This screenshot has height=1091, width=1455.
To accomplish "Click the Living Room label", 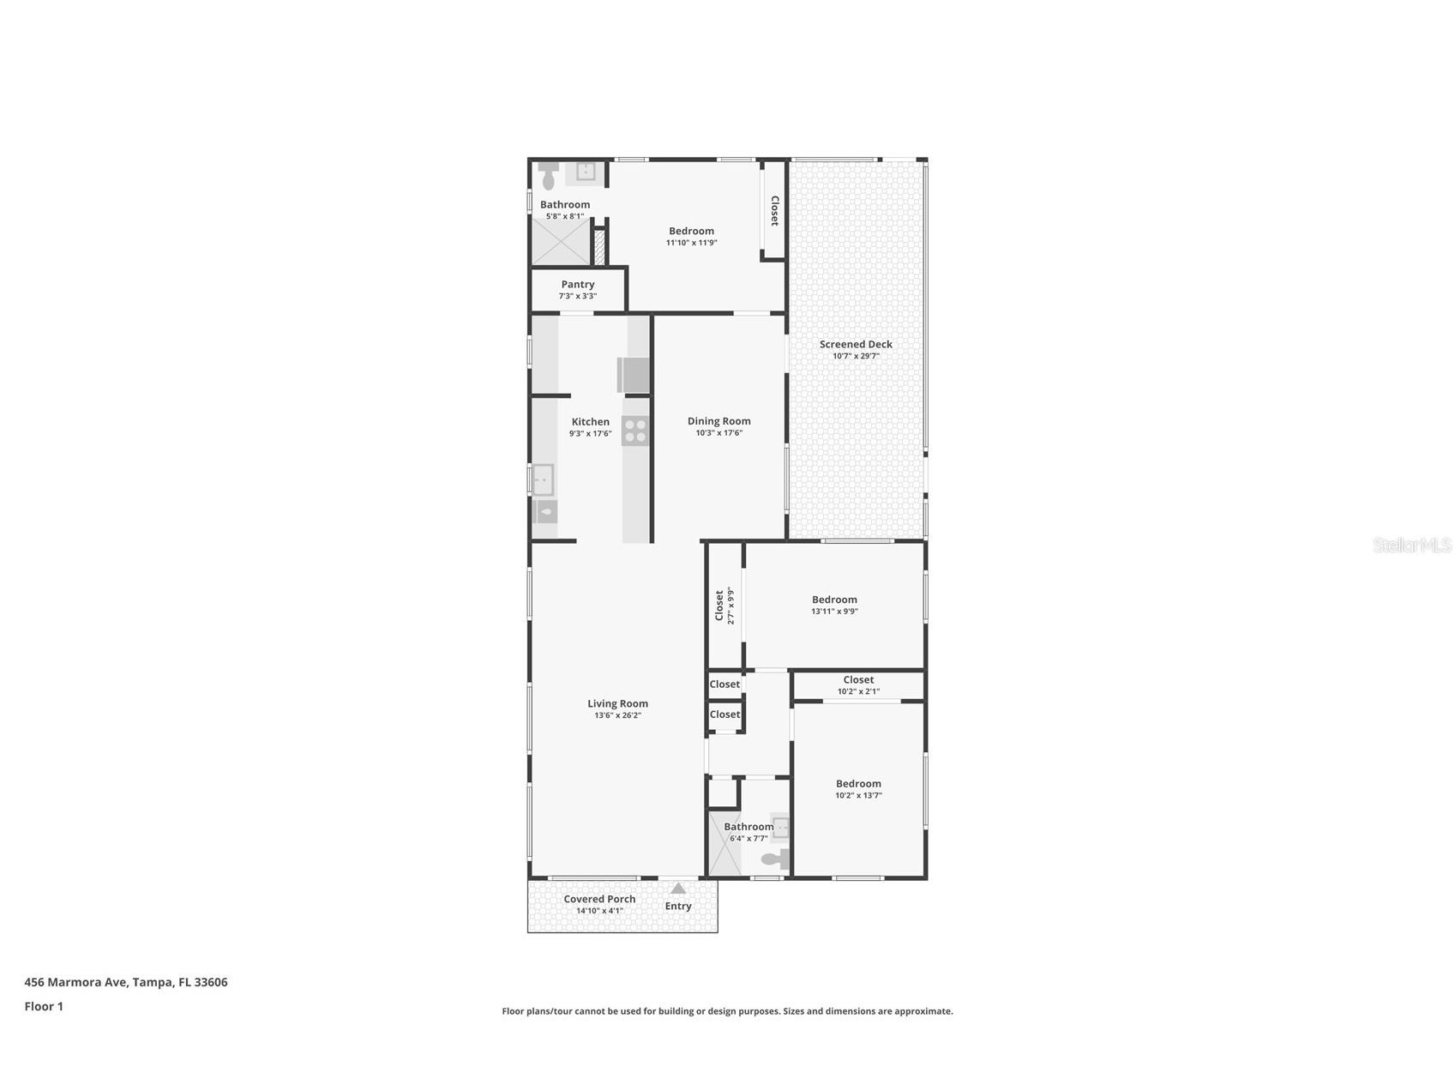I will coord(617,703).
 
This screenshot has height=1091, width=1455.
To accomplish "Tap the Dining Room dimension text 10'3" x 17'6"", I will coord(718,433).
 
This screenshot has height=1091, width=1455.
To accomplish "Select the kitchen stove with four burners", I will coord(635,431).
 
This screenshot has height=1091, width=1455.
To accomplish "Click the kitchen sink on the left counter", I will coord(543,479).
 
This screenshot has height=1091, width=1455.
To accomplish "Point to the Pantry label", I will coord(578,284).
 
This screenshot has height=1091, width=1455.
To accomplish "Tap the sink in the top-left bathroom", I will coord(586,172).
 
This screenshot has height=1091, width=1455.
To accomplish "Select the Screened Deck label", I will coord(856,344).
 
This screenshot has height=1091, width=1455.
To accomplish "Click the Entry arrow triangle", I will coord(678,889).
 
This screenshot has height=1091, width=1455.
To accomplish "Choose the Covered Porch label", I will coord(599,899).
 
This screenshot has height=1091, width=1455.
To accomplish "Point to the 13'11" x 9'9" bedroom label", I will coord(834,600).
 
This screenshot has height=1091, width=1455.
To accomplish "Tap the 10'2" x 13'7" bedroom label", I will coord(858,783).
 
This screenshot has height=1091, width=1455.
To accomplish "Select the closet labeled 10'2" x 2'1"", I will coord(858,684).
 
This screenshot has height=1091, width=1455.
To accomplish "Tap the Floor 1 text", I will coord(44,1006).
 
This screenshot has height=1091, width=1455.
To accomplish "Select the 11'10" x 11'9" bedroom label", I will coord(691,231).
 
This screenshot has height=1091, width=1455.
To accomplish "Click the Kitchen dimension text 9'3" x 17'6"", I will coord(590,434).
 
